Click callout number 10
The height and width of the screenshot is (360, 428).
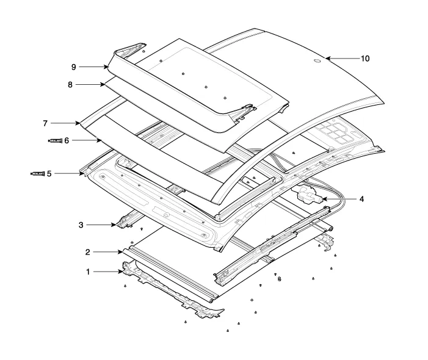click(x=365, y=59)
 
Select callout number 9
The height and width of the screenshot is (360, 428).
click(x=73, y=66)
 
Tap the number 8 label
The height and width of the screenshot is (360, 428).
click(x=70, y=85)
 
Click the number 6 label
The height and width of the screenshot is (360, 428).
click(x=67, y=140)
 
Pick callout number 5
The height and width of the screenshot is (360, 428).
click(x=49, y=173)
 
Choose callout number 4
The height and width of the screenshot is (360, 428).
click(x=361, y=199)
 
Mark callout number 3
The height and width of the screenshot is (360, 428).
click(x=81, y=225)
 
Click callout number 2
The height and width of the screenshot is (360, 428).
click(x=88, y=251)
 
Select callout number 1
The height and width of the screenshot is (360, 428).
click(x=88, y=272)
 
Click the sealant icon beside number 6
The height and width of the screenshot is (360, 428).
click(x=56, y=140)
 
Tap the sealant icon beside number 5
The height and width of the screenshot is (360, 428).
click(x=38, y=173)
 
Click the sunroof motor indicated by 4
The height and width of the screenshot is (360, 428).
click(x=308, y=196)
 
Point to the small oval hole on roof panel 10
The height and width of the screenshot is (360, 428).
click(x=317, y=60)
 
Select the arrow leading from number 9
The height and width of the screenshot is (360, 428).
click(x=94, y=66)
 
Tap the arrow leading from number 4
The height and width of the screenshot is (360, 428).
click(x=339, y=199)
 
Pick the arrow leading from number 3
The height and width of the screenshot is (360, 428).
click(x=100, y=225)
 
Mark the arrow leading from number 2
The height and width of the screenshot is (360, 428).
click(x=109, y=251)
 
